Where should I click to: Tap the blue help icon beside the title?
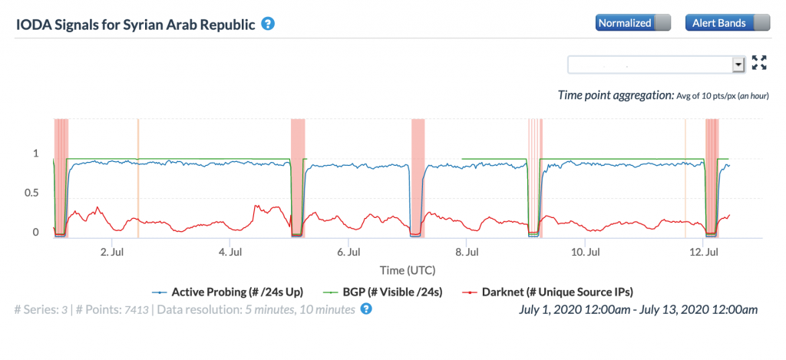click(268, 23)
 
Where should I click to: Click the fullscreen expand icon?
click(759, 64)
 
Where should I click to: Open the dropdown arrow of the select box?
click(738, 64)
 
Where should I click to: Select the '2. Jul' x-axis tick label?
click(112, 251)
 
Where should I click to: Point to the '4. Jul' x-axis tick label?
click(230, 251)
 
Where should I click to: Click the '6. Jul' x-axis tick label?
click(348, 251)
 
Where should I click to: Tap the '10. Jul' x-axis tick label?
click(585, 251)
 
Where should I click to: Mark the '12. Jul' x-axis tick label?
click(703, 251)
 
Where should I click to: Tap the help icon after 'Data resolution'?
click(366, 309)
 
